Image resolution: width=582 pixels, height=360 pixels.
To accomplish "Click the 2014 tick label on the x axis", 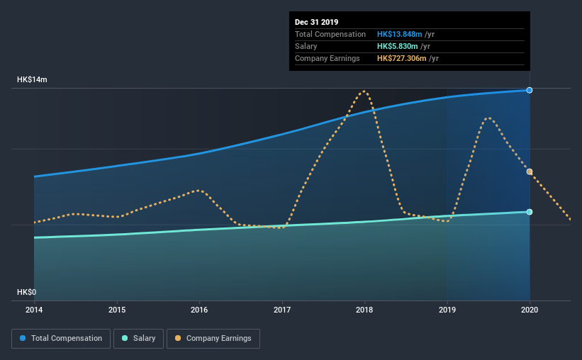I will pos(34,310).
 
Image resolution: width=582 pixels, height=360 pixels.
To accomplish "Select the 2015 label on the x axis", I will pos(117,310).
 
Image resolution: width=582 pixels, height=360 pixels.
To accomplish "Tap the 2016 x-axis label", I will pos(199,310).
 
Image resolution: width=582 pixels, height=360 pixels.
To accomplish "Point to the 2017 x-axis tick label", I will pos(282,310).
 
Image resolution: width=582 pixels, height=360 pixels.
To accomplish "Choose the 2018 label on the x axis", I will pos(364,310).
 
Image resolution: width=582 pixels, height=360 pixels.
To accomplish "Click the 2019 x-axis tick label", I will pos(447,310).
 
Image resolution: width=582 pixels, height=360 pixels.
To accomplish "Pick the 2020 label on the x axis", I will pos(530,310).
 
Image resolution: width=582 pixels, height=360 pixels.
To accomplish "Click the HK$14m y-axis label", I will pos(33,80).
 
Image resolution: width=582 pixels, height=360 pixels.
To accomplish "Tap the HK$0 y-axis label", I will pos(26,293).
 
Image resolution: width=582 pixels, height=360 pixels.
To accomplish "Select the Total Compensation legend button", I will pos(61,339).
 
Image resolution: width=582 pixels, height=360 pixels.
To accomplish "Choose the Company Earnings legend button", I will pos(213,339).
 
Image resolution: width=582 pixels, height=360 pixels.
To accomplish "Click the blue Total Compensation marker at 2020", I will pos(530,90).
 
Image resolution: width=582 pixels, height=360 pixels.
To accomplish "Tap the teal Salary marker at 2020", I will pos(530,212).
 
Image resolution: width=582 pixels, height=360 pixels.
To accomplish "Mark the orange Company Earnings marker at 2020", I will pos(530,171).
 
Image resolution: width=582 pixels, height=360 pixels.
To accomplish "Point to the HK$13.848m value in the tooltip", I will pos(401,34).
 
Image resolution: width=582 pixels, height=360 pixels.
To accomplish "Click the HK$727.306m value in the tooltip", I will pos(402,58).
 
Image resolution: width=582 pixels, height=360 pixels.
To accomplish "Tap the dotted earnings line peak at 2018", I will pos(364,91).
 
